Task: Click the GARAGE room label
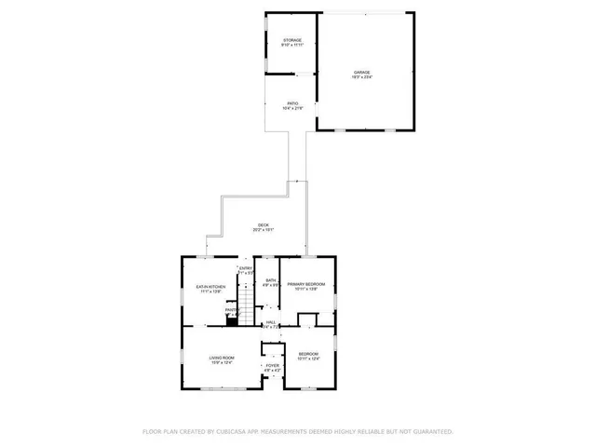[x=361, y=72]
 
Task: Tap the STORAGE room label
[x=292, y=40]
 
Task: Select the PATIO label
[x=292, y=103]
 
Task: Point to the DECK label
[x=264, y=225]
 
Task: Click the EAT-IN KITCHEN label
[x=209, y=286]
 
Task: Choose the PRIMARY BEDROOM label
[x=307, y=284]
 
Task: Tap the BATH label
[x=270, y=280]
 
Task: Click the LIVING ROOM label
[x=221, y=358]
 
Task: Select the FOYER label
[x=272, y=366]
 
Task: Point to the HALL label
[x=271, y=322]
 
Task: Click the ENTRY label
[x=246, y=269]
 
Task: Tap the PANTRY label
[x=232, y=310]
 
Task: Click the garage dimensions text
[x=361, y=77]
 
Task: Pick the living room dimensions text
[x=221, y=363]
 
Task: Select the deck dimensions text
[x=264, y=231]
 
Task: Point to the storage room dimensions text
[x=292, y=46]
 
